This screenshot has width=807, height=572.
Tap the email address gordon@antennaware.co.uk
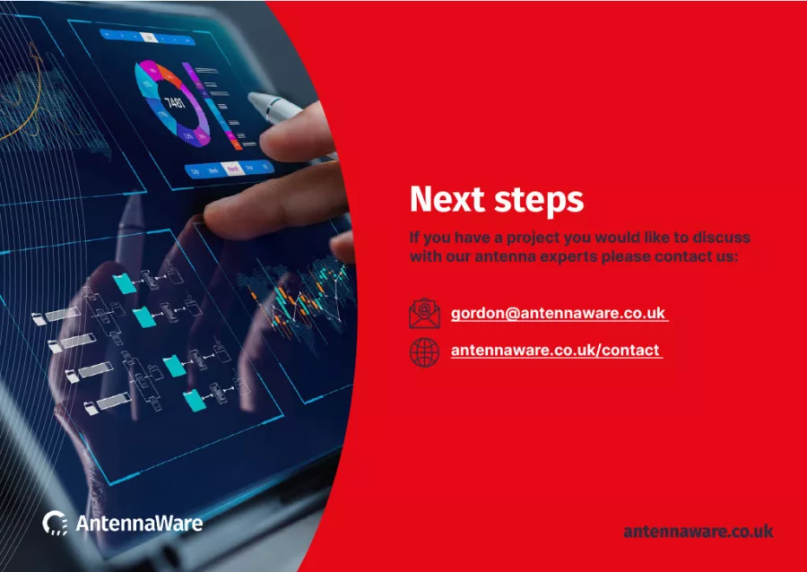(559, 313)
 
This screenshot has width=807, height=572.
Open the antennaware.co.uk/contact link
(555, 350)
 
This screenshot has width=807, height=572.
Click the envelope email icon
(424, 313)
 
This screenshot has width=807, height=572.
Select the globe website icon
(424, 352)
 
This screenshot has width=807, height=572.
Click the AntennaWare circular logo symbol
(55, 523)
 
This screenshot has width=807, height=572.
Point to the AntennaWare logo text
(139, 523)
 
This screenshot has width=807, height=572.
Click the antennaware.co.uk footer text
(698, 531)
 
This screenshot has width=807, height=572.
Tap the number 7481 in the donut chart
(175, 102)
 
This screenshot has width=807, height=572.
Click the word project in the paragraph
(534, 238)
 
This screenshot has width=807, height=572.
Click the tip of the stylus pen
(251, 96)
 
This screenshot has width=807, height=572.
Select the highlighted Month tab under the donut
(232, 169)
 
